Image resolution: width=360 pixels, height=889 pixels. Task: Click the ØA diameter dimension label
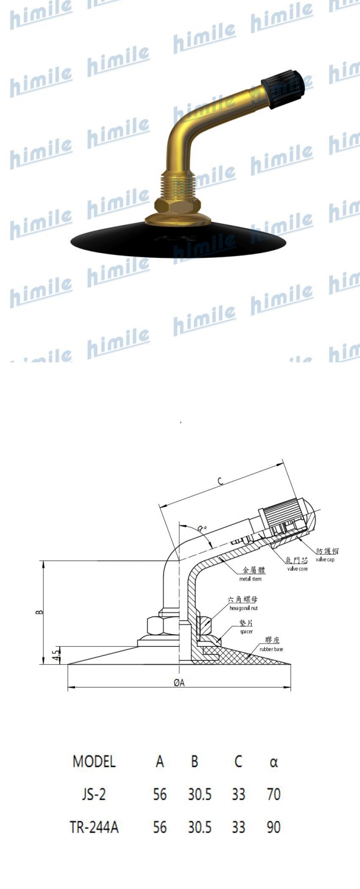tap(179, 683)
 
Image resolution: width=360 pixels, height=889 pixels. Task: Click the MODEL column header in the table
tap(94, 762)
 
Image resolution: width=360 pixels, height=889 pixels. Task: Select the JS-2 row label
tap(94, 794)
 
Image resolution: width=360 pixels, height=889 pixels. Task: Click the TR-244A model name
tap(94, 827)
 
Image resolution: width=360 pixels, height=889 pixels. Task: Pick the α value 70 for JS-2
tap(273, 794)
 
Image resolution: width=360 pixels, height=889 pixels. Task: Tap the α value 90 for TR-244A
tap(273, 827)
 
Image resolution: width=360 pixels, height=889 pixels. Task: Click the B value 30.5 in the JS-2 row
tap(199, 794)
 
